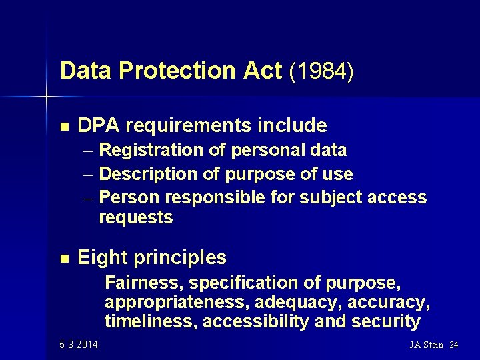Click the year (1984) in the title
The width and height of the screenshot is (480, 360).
[x=321, y=71]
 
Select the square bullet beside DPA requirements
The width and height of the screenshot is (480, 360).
[x=65, y=125]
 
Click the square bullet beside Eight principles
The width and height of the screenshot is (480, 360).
[x=65, y=257]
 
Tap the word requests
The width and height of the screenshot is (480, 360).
[x=135, y=217]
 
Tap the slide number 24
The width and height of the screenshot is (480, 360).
[x=454, y=345]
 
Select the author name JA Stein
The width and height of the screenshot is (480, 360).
[x=427, y=345]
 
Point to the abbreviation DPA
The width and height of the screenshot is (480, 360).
[x=99, y=125]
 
